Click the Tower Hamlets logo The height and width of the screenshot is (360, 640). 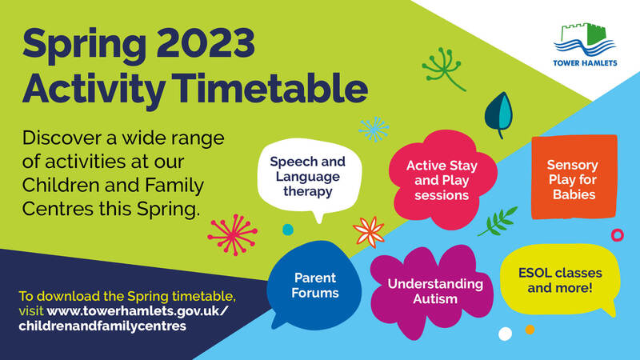pyautogui.click(x=585, y=45)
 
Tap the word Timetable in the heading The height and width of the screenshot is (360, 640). pyautogui.click(x=273, y=89)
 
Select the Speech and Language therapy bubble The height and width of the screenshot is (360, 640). pyautogui.click(x=309, y=178)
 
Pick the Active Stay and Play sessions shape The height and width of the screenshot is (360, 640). pyautogui.click(x=442, y=179)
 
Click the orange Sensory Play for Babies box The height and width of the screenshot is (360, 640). pyautogui.click(x=574, y=177)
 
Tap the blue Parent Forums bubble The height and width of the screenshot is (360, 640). pyautogui.click(x=314, y=286)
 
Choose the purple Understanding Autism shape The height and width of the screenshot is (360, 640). pyautogui.click(x=432, y=291)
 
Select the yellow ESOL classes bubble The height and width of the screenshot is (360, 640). pyautogui.click(x=560, y=280)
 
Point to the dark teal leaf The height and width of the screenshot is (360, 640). pyautogui.click(x=498, y=114)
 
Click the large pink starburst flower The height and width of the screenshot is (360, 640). pyautogui.click(x=233, y=234)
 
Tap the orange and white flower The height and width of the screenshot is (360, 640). pyautogui.click(x=369, y=232)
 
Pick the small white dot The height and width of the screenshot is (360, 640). pyautogui.click(x=505, y=334)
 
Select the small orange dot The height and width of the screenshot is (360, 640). pyautogui.click(x=530, y=330)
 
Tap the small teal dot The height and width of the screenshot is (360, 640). pyautogui.click(x=288, y=230)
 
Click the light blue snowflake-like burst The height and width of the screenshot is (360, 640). pyautogui.click(x=374, y=129)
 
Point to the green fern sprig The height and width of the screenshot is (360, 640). pyautogui.click(x=498, y=222)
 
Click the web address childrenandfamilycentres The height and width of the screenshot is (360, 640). pyautogui.click(x=102, y=326)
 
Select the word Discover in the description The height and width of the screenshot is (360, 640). pyautogui.click(x=62, y=138)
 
